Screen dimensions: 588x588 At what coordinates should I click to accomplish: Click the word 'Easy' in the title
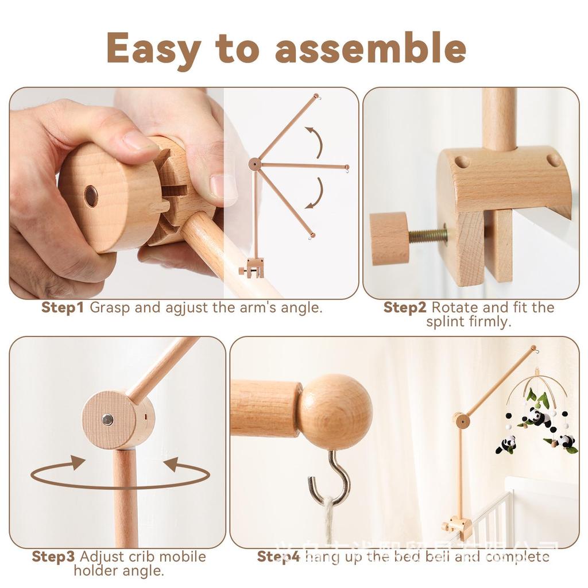tap(153, 48)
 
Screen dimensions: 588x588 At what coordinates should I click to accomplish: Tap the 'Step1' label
tap(63, 308)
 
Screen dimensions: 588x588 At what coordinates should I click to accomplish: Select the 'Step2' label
tap(405, 308)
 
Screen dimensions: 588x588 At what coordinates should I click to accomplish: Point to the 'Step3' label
tap(53, 556)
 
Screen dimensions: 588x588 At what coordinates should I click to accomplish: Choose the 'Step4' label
tap(278, 556)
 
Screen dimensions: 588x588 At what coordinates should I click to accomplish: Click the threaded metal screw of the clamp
tap(427, 235)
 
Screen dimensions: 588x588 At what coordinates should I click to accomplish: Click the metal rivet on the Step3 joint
tap(107, 420)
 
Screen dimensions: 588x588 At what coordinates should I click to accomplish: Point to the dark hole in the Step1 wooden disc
tap(91, 196)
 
